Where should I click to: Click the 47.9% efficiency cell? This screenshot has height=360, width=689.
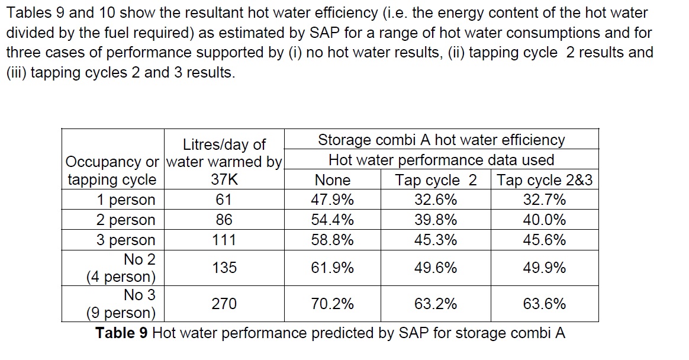click(x=332, y=200)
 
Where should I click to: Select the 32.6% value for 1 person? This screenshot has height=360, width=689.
click(x=435, y=200)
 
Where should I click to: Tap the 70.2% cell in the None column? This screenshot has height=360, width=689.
click(x=332, y=304)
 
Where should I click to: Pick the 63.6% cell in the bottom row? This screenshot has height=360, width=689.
click(x=544, y=304)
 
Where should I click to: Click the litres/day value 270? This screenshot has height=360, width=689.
click(x=224, y=304)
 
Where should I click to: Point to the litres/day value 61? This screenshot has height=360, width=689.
click(x=224, y=200)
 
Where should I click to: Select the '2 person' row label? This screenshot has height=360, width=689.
click(x=125, y=220)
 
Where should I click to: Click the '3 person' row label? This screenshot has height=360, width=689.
click(x=125, y=240)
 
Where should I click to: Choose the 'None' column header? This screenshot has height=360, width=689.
click(x=332, y=180)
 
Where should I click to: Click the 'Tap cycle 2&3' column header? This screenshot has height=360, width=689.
click(x=544, y=180)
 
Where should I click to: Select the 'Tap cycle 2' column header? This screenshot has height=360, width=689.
click(x=435, y=180)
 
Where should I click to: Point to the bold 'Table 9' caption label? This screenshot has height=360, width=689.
click(x=121, y=333)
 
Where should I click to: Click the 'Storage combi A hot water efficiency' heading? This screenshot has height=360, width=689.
click(x=441, y=140)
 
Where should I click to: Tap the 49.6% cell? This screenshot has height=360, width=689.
click(x=435, y=268)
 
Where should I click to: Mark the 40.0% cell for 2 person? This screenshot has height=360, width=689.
click(x=544, y=220)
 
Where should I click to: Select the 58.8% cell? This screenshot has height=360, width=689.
click(x=332, y=240)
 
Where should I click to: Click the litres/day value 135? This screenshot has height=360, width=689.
click(x=224, y=268)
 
